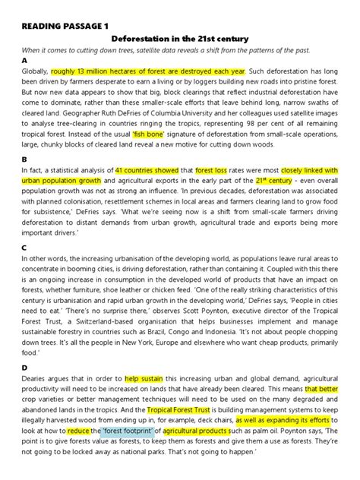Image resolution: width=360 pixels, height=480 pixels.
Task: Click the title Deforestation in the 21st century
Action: click(x=181, y=36)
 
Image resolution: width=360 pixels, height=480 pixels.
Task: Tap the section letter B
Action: click(x=24, y=159)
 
